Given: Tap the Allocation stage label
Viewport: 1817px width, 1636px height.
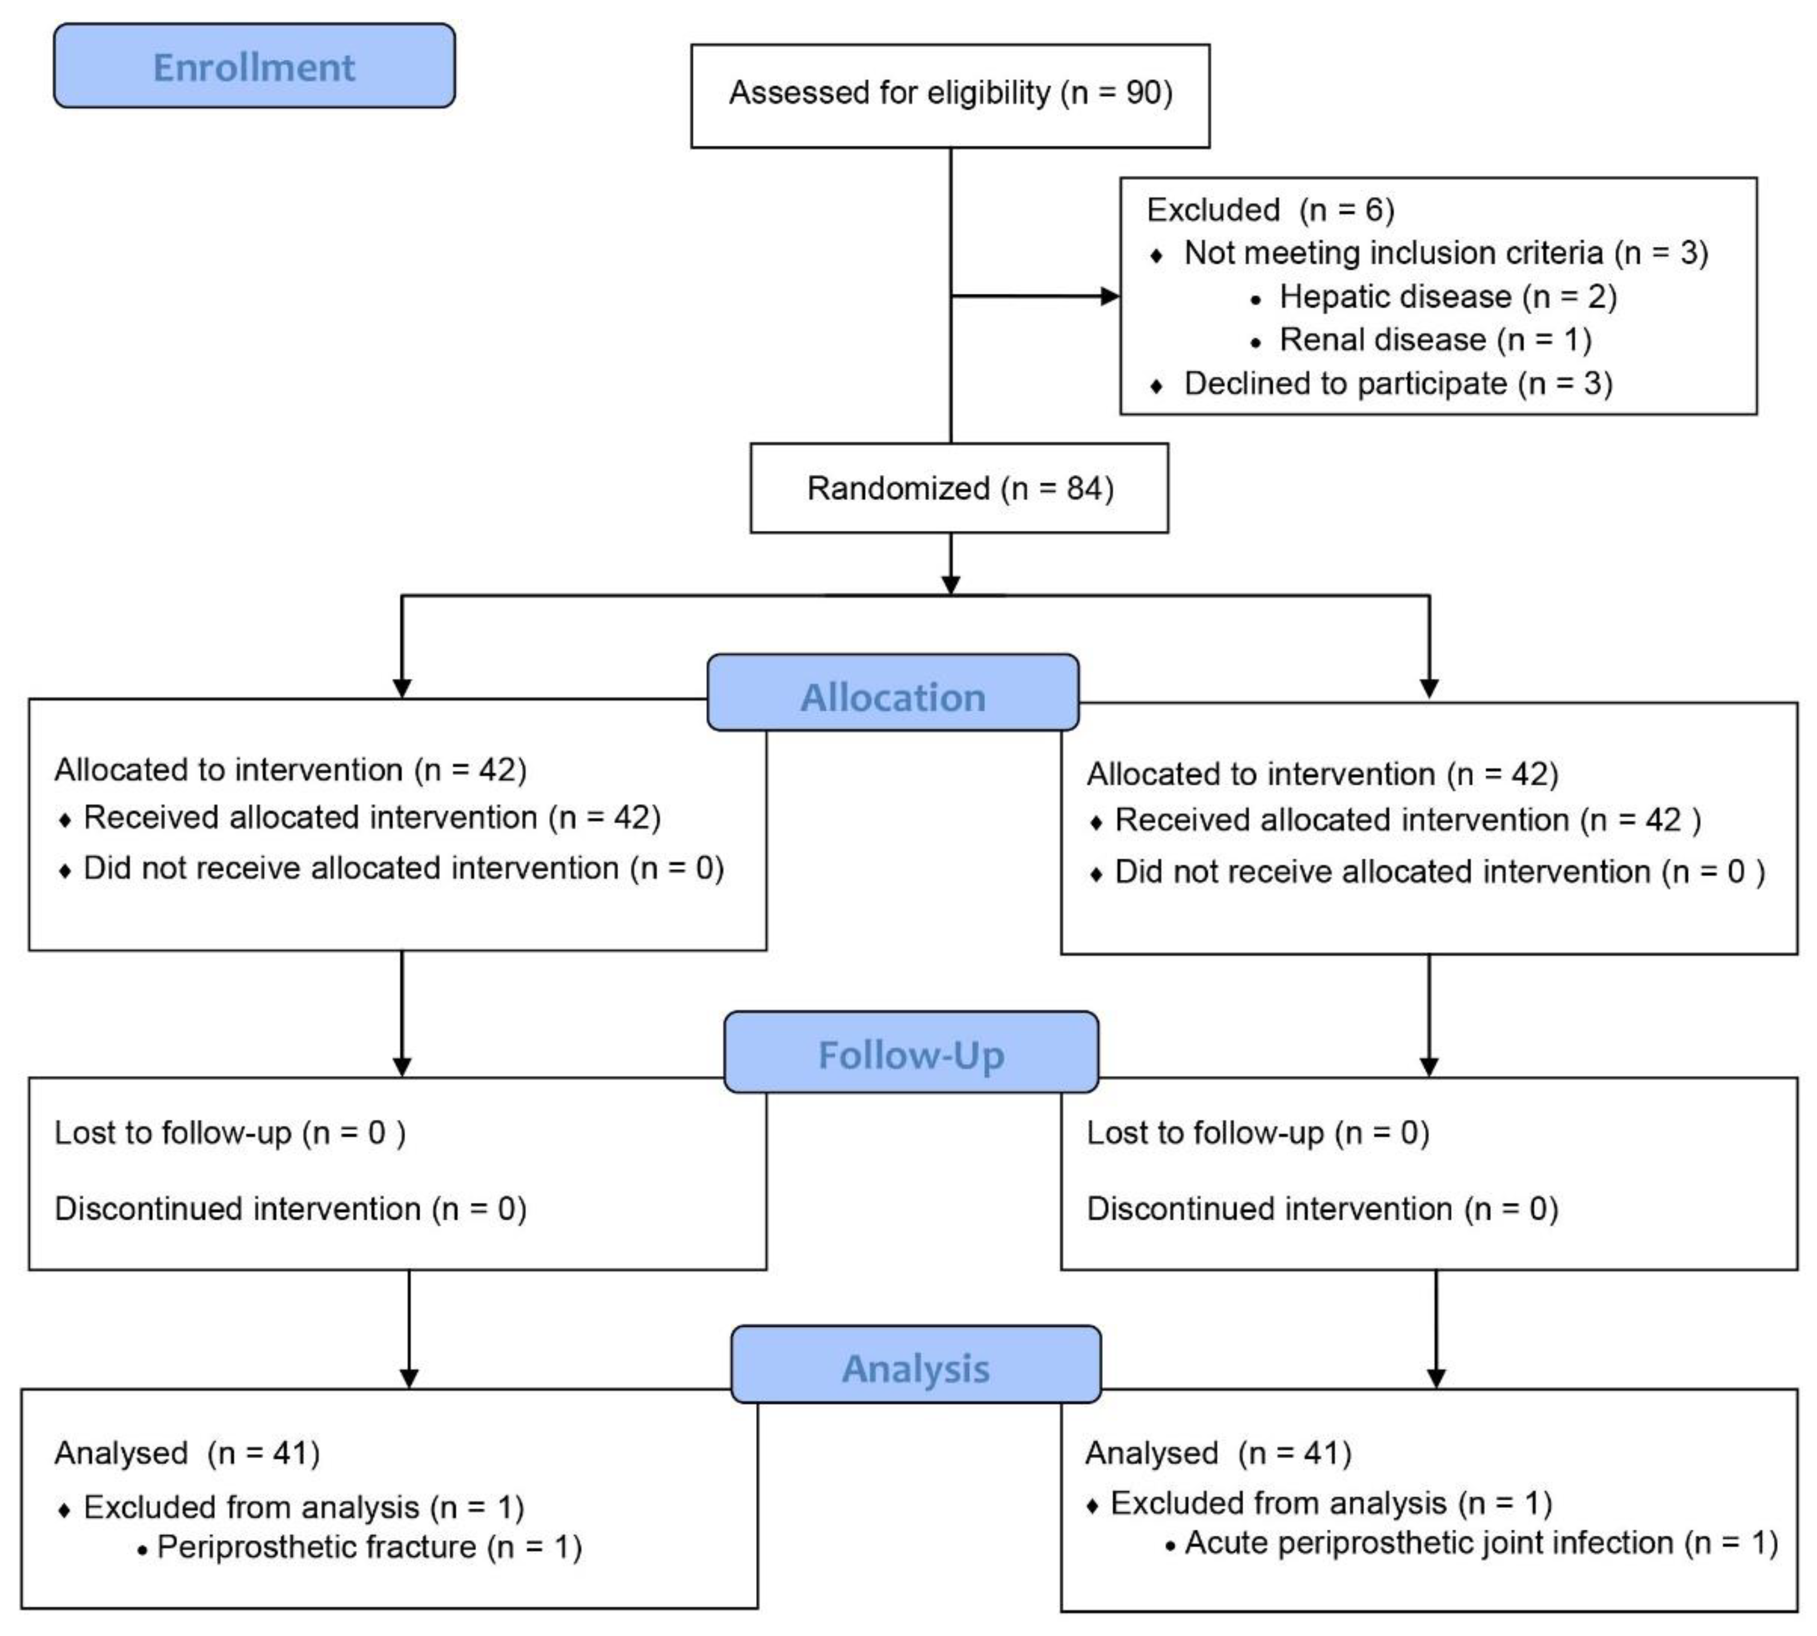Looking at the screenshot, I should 892,697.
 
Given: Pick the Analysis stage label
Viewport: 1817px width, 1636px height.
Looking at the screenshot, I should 915,1368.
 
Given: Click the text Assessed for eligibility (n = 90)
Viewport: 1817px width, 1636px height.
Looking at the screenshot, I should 950,93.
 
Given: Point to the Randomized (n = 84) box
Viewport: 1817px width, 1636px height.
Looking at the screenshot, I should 960,488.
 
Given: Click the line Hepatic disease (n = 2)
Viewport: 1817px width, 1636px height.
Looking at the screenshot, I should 1447,297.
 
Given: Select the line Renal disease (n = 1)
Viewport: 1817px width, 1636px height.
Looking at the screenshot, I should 1435,340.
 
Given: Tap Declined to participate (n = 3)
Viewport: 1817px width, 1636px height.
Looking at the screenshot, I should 1397,384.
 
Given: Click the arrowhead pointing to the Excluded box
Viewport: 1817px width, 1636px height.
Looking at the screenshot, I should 1111,296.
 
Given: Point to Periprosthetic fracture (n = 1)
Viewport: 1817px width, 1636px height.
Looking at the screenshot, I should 369,1547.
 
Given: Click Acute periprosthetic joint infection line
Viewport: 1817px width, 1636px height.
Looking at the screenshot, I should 1480,1543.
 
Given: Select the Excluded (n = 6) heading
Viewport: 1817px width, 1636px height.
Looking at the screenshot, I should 1270,210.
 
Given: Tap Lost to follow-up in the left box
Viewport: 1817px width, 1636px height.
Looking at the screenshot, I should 229,1133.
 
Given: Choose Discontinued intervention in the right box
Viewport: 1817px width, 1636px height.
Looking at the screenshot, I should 1321,1209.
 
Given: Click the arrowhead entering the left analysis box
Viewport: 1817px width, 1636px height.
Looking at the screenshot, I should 409,1378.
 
